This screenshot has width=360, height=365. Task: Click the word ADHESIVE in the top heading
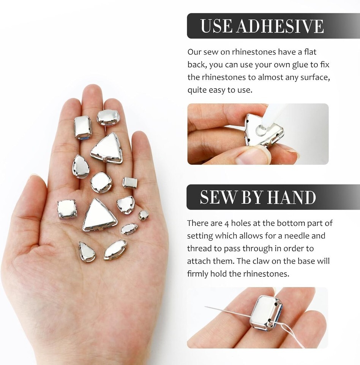point(280,26)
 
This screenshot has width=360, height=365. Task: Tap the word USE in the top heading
point(216,26)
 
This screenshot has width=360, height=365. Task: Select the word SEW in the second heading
point(218,197)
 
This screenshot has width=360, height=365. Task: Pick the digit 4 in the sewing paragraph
point(227,224)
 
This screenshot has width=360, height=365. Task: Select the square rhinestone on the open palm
point(67,209)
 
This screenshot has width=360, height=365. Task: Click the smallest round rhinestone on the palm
point(144,215)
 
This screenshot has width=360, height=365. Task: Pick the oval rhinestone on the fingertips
point(108,117)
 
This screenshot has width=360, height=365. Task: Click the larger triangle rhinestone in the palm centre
point(99,216)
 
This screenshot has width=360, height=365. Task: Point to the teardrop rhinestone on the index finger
point(81,167)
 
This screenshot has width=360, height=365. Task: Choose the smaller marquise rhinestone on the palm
point(129,229)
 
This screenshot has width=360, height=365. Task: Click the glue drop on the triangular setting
point(261,129)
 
